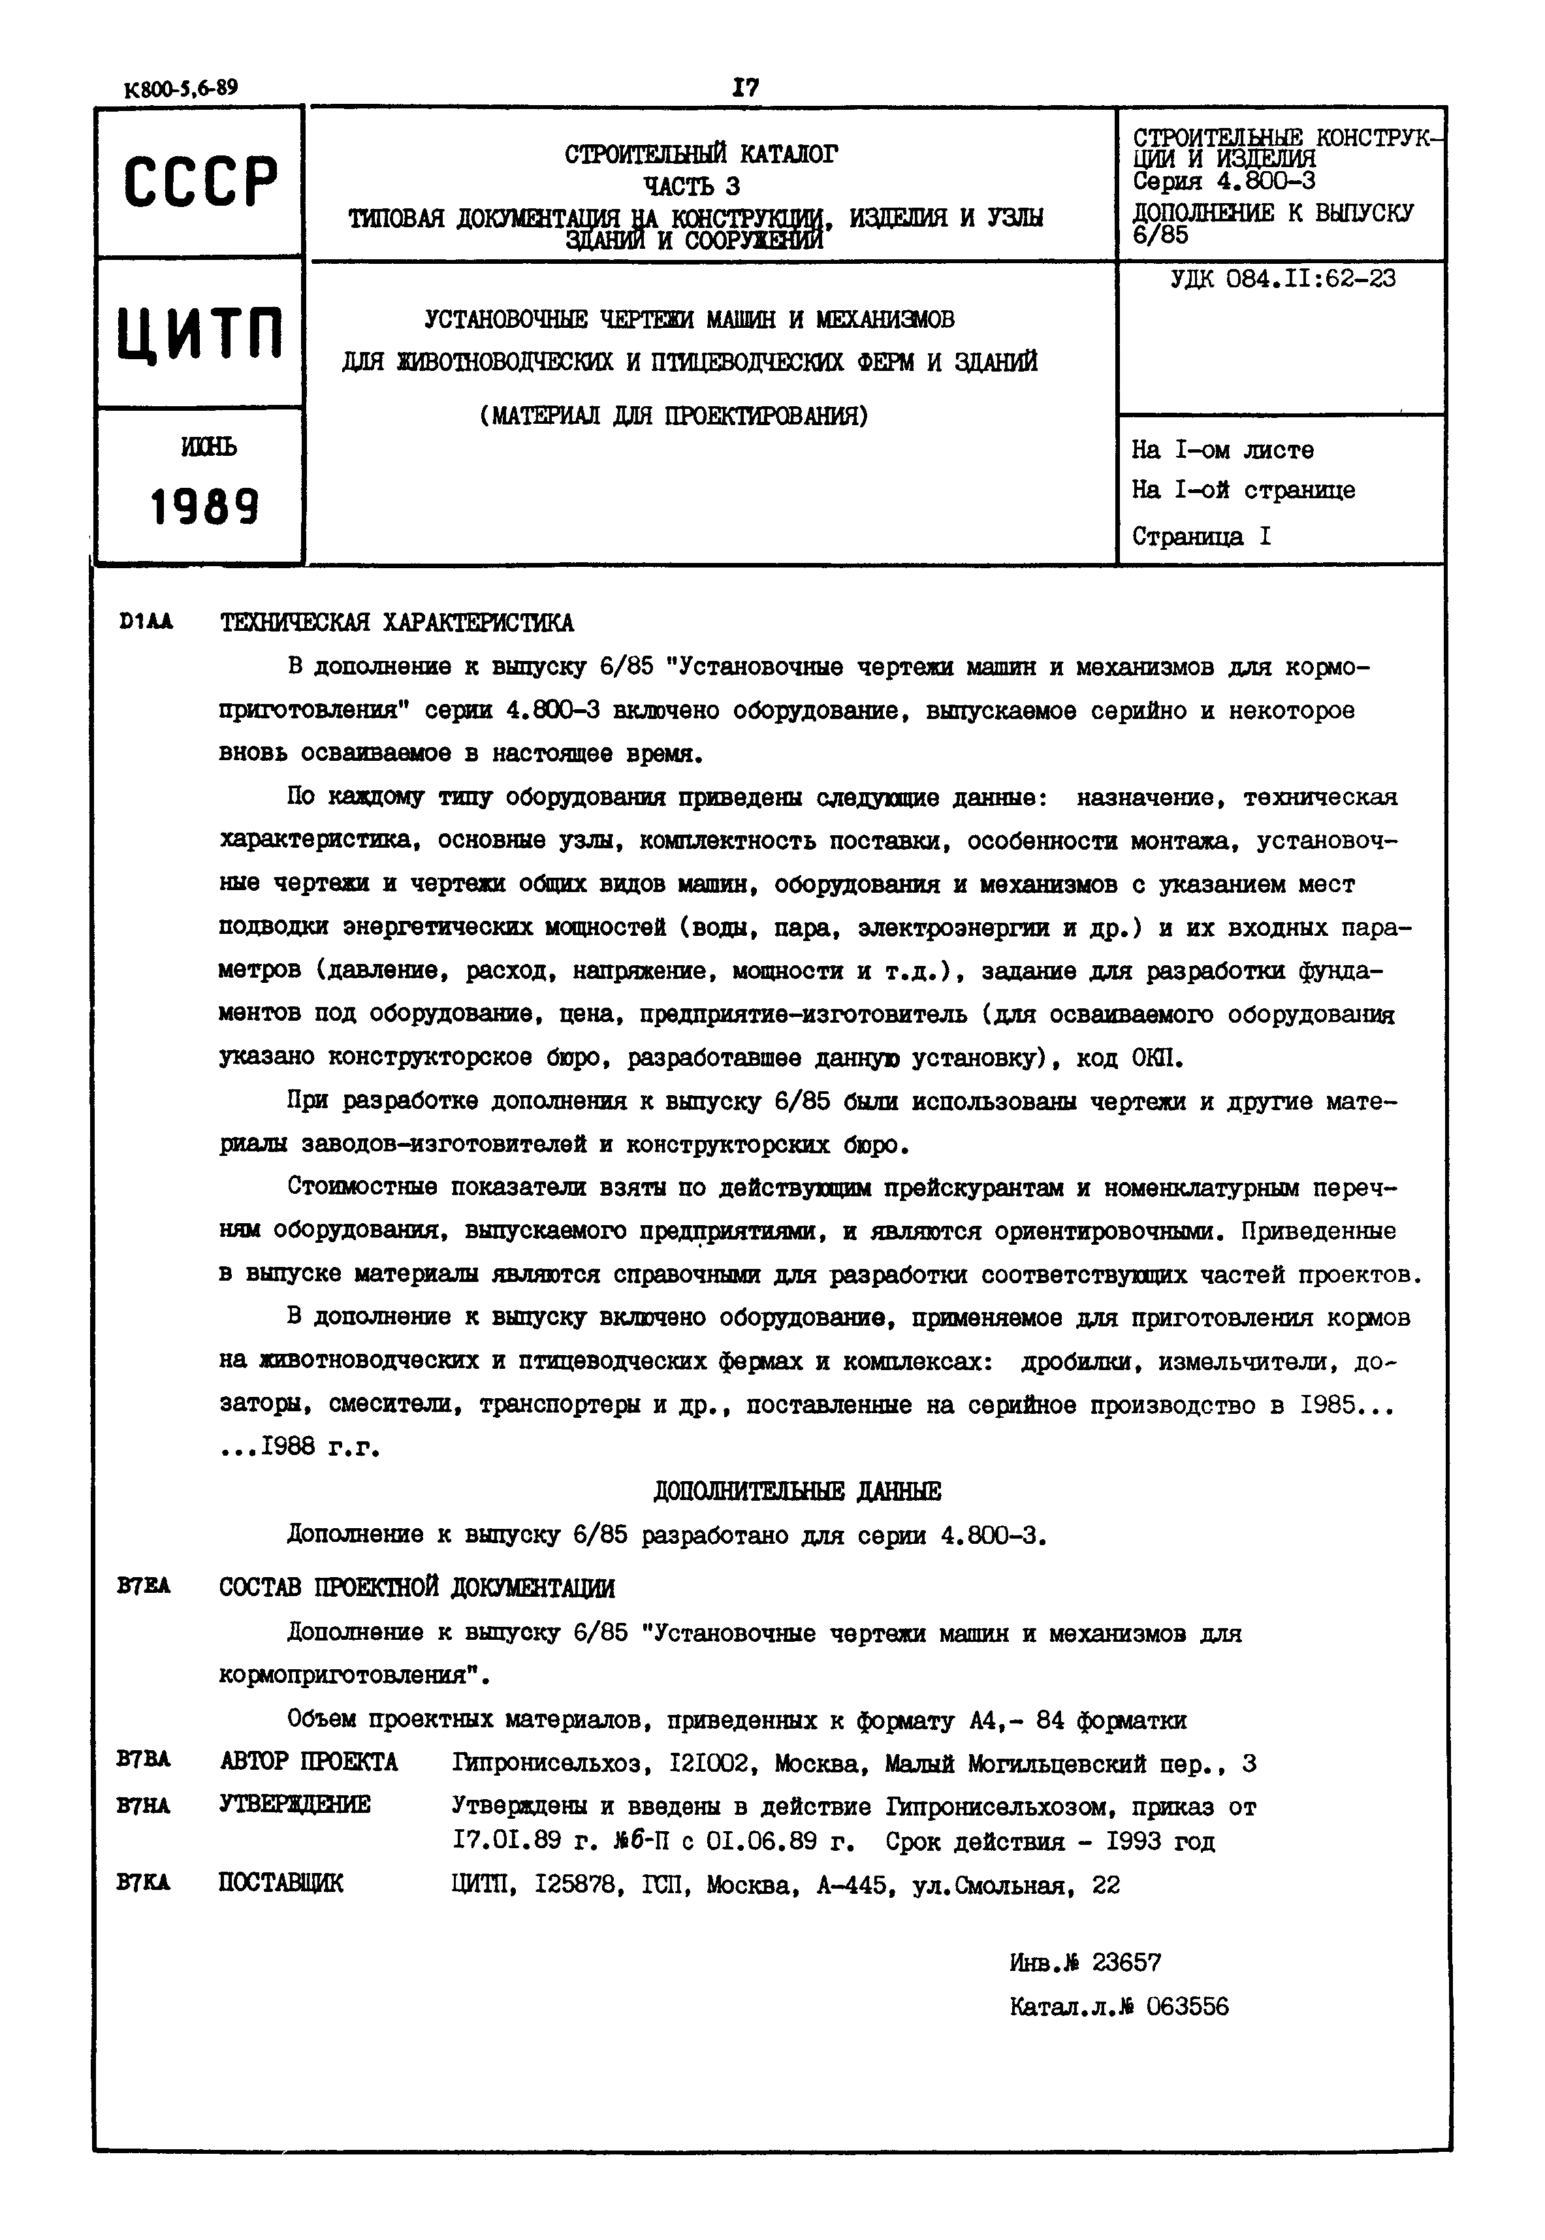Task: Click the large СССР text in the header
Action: tap(200, 181)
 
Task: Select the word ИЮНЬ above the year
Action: tap(207, 447)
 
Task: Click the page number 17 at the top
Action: tap(744, 88)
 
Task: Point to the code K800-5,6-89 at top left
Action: tap(181, 88)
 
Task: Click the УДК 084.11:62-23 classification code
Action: tap(1282, 280)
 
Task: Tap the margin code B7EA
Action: tap(143, 1586)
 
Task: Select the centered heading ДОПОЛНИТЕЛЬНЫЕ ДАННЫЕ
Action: tap(797, 1492)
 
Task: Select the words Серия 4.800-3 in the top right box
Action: tap(1224, 181)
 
